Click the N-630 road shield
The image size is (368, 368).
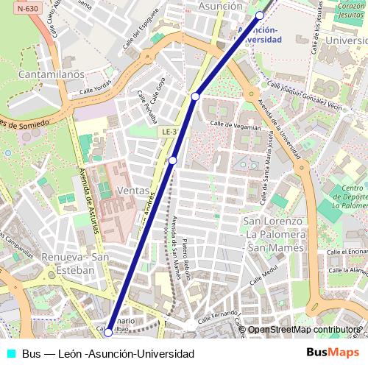point(28,8)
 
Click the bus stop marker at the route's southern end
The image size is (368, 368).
point(108,333)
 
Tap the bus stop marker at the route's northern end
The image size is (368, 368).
point(260,15)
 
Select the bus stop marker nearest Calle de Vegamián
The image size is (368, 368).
point(195,96)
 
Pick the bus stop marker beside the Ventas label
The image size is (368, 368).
point(172,160)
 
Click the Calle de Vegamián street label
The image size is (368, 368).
point(236,126)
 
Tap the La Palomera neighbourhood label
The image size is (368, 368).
point(274,235)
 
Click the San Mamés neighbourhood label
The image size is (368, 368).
point(274,248)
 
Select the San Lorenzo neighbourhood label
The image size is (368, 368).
point(274,222)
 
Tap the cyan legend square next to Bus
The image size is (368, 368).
point(11,353)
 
